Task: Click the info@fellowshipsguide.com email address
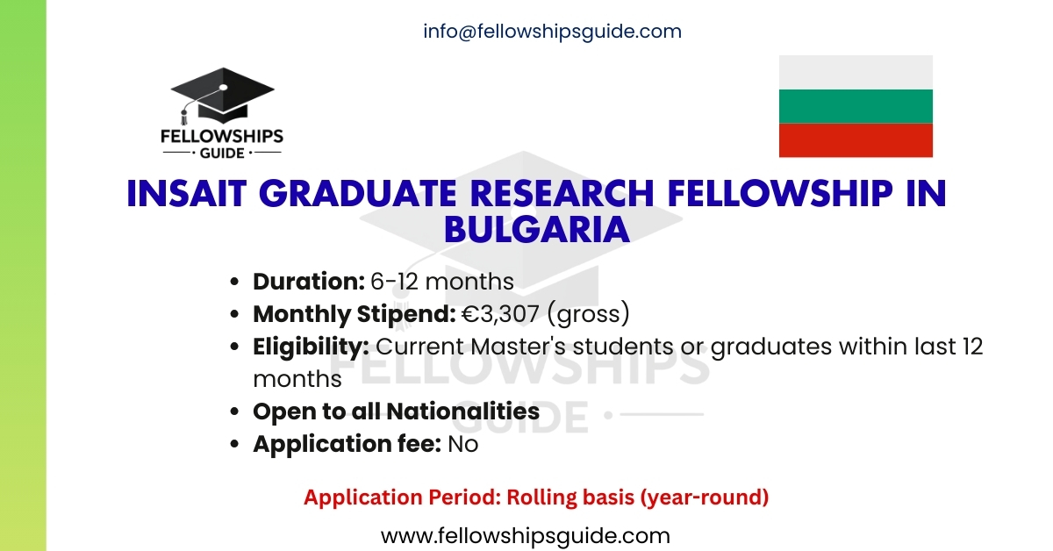pyautogui.click(x=552, y=32)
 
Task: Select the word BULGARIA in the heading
pyautogui.click(x=536, y=229)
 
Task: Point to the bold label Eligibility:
pyautogui.click(x=311, y=347)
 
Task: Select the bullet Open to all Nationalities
pyautogui.click(x=396, y=411)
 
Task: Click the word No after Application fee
pyautogui.click(x=463, y=444)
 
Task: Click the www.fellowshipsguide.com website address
pyautogui.click(x=525, y=535)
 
